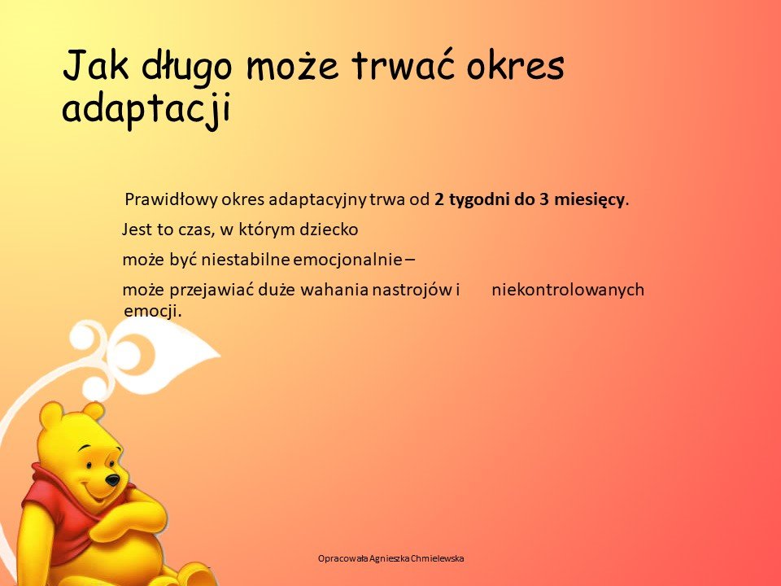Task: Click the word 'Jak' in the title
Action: point(96,65)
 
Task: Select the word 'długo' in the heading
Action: point(187,67)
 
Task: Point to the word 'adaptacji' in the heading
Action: point(147,108)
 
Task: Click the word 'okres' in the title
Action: point(515,65)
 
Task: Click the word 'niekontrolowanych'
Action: point(568,290)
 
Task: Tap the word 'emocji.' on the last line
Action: point(152,310)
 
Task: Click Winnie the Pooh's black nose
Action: point(112,480)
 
